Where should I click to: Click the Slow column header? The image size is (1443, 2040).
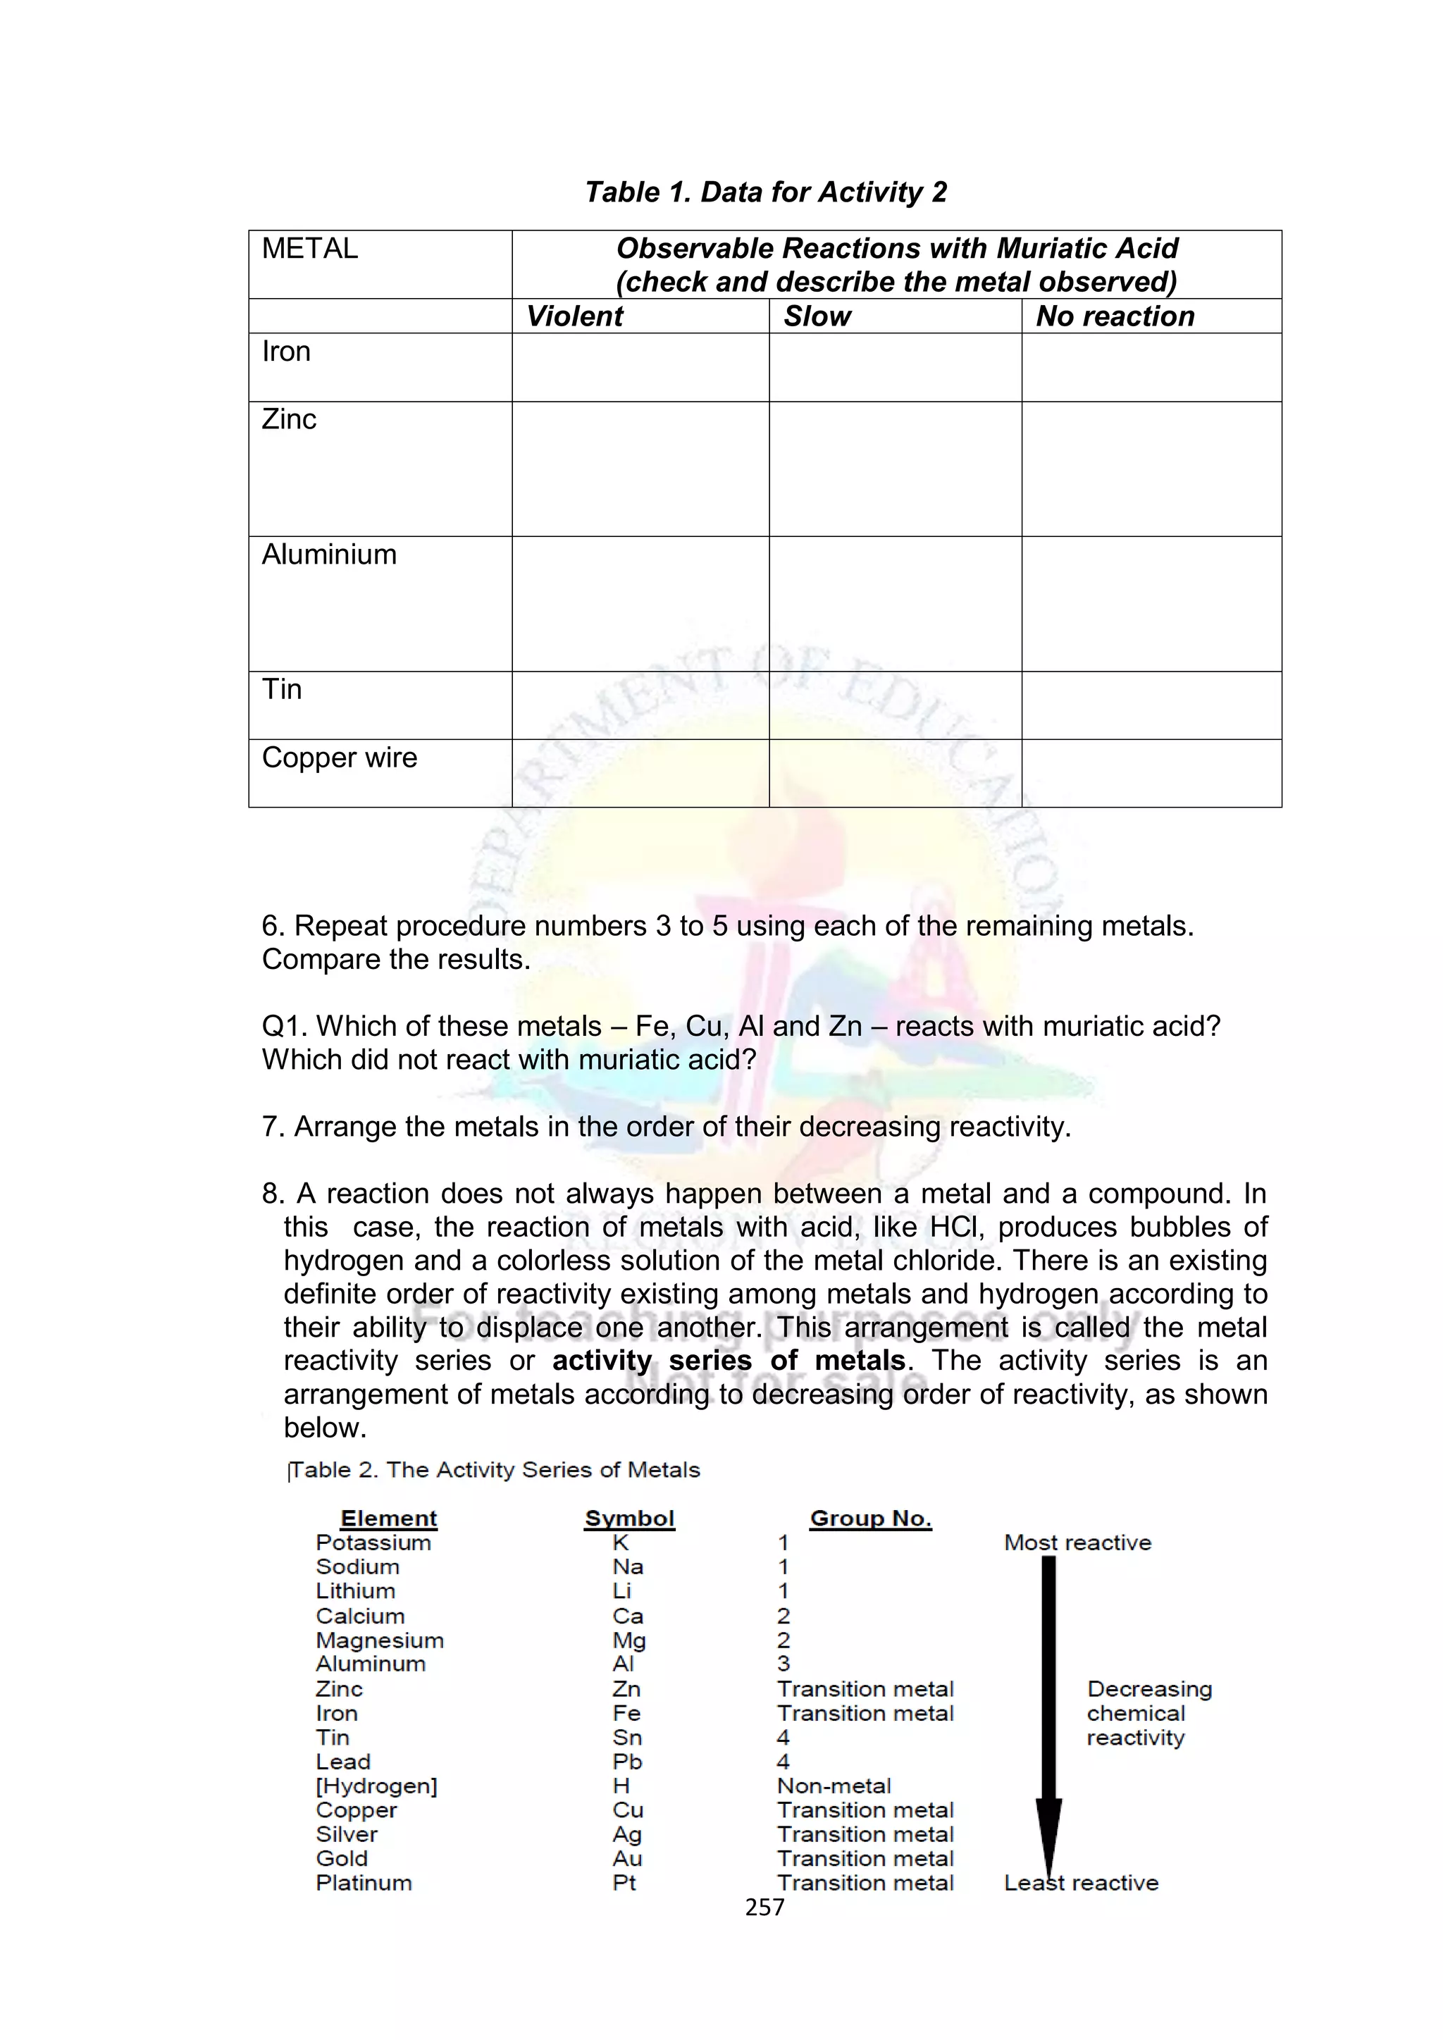(x=817, y=316)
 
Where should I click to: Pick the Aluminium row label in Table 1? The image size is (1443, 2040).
(x=329, y=555)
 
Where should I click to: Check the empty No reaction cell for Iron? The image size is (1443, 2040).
(x=1151, y=367)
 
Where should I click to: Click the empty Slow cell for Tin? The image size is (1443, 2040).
(x=895, y=705)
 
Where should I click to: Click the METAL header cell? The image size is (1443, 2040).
(x=309, y=249)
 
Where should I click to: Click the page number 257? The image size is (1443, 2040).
(x=764, y=1908)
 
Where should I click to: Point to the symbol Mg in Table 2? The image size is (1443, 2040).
(x=629, y=1640)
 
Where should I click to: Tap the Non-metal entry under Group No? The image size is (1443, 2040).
(x=834, y=1786)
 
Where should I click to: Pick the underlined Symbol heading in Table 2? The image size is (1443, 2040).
(x=629, y=1519)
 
